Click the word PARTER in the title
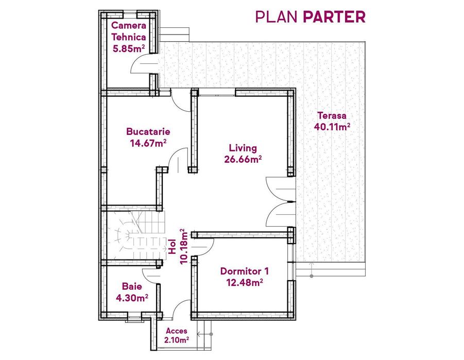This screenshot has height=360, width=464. [334, 16]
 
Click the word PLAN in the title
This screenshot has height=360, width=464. [277, 16]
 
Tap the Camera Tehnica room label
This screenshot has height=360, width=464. [128, 31]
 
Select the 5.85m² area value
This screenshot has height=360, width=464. [128, 49]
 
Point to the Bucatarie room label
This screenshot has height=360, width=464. [148, 131]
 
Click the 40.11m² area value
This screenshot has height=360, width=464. [332, 126]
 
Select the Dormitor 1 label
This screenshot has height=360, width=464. [244, 271]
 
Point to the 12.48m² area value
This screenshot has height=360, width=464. [244, 282]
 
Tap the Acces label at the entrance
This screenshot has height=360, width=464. [177, 331]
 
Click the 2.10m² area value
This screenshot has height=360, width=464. [177, 339]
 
